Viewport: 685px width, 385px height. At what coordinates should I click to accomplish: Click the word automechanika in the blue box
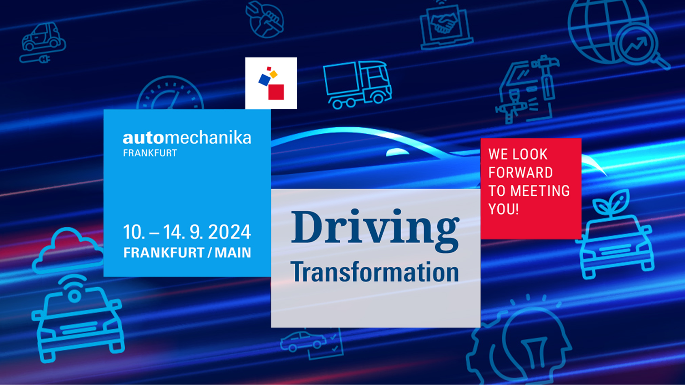click(187, 138)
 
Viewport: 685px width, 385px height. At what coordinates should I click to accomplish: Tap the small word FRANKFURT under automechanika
click(150, 153)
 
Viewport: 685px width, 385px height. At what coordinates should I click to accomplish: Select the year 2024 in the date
click(229, 232)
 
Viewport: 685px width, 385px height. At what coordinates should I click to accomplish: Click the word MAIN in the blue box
click(233, 253)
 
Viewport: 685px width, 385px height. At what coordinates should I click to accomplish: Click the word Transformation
click(375, 272)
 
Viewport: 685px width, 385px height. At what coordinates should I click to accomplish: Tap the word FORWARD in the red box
click(521, 173)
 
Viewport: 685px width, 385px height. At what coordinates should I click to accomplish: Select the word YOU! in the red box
click(503, 209)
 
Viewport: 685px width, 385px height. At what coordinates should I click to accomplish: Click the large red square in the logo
click(276, 92)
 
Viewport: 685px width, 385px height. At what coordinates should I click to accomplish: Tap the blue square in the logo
click(264, 80)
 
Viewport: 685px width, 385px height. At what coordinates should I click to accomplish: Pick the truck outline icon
click(357, 85)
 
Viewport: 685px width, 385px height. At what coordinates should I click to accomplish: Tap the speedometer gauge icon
click(170, 93)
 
